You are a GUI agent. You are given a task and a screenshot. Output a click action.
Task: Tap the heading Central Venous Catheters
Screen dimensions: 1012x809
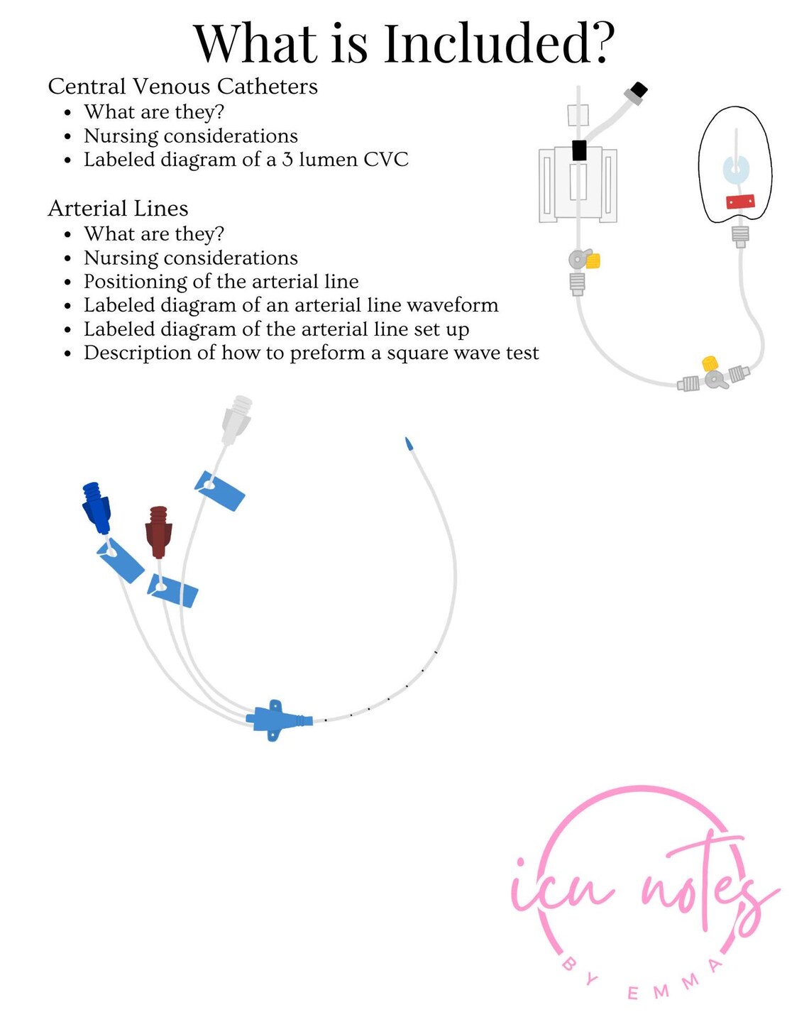click(182, 87)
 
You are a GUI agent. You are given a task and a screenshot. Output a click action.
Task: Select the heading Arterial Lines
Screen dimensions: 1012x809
click(118, 209)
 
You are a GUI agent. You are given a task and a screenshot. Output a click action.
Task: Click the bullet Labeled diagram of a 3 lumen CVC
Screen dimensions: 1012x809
click(246, 160)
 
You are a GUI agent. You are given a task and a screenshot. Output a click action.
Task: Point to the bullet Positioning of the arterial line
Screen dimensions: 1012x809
click(221, 282)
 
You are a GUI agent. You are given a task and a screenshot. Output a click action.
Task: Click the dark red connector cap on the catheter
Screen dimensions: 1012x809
click(158, 532)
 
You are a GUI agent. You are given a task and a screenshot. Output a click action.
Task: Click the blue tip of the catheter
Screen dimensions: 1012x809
click(409, 444)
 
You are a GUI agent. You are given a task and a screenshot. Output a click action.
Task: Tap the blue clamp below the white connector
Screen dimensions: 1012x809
click(220, 490)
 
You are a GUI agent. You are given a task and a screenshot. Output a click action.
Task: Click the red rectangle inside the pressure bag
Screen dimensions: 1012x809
click(739, 202)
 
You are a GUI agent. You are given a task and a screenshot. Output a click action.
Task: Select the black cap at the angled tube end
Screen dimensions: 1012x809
click(638, 90)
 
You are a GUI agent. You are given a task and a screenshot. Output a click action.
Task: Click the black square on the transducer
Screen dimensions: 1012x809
click(579, 150)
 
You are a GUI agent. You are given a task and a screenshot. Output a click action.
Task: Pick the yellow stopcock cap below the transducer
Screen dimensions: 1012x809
click(593, 261)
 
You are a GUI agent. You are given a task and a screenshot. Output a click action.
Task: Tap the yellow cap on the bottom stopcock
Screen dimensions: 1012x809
click(709, 364)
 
